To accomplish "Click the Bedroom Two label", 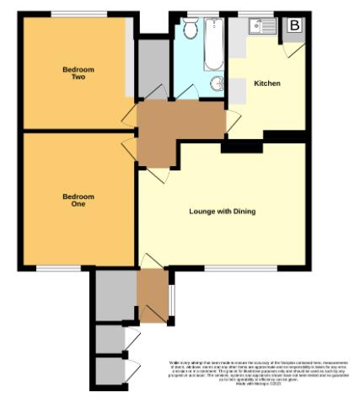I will pyautogui.click(x=78, y=73).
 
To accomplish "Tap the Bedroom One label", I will pyautogui.click(x=78, y=200).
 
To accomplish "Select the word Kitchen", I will pyautogui.click(x=267, y=83).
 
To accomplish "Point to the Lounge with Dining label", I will pyautogui.click(x=222, y=212).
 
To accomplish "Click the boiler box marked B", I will pyautogui.click(x=293, y=26).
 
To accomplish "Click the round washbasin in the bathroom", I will pyautogui.click(x=218, y=83).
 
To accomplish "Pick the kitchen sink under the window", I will pyautogui.click(x=263, y=27).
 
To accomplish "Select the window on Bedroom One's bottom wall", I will pyautogui.click(x=59, y=269).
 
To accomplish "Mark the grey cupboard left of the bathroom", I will pyautogui.click(x=153, y=67).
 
